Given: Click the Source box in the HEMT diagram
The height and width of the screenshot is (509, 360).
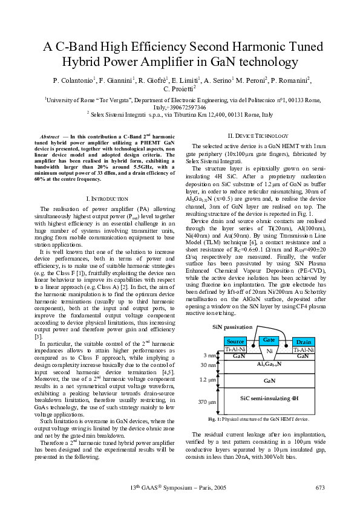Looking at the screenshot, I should [x=235, y=342].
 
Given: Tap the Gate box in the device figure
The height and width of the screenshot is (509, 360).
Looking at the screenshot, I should [x=269, y=339].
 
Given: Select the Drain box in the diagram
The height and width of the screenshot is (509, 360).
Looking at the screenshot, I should [x=304, y=342].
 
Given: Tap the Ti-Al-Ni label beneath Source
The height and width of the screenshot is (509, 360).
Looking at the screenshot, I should [x=235, y=349].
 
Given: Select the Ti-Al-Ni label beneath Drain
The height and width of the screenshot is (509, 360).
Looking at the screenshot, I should [x=304, y=349].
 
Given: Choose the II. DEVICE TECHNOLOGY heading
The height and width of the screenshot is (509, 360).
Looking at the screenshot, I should [x=254, y=136].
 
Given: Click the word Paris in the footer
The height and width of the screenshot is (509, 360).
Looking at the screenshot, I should [x=198, y=488].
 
